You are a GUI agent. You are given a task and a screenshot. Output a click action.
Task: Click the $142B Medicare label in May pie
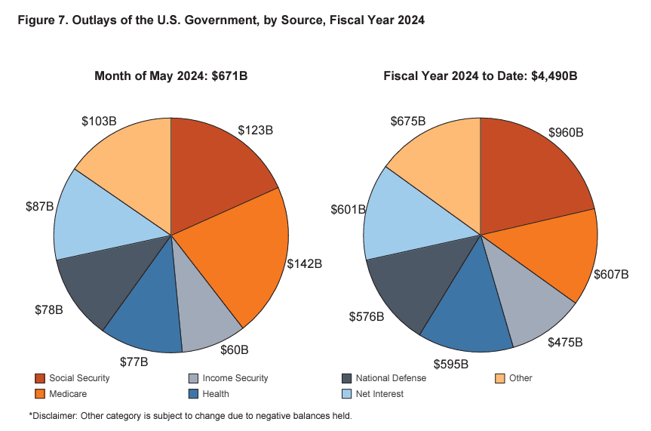305,264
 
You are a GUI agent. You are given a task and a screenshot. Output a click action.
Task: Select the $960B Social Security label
566,133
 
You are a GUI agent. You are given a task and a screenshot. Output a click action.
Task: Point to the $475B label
563,342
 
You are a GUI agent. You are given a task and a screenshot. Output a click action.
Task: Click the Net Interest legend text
380,393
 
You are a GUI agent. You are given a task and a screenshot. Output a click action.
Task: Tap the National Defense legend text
391,378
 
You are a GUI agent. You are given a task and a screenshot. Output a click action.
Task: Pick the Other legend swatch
499,378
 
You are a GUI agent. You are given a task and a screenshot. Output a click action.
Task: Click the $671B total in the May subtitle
231,75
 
